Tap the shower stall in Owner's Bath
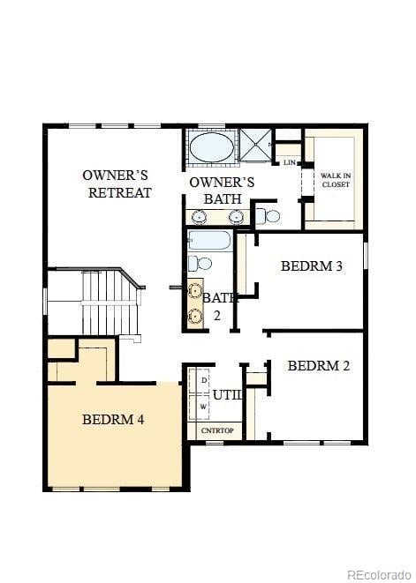click(257, 146)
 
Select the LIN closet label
click(289, 162)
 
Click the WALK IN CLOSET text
click(335, 180)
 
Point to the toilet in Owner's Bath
click(269, 215)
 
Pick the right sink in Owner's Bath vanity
click(236, 217)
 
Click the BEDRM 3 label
click(311, 265)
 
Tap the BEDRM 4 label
click(113, 419)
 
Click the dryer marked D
click(203, 379)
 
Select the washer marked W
click(203, 407)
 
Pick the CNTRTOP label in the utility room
click(216, 430)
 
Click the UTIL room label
click(227, 395)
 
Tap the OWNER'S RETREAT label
click(118, 183)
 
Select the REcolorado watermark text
click(377, 574)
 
